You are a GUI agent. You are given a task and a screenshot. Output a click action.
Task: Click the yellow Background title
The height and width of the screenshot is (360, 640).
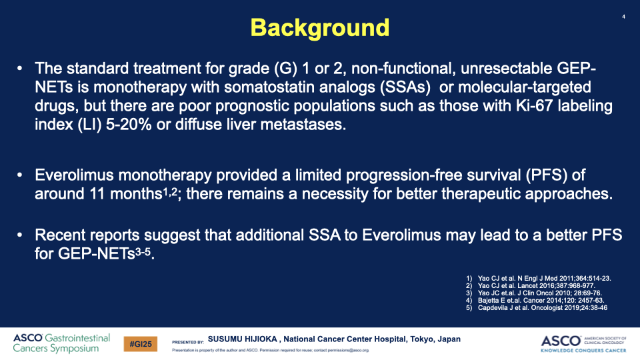319,28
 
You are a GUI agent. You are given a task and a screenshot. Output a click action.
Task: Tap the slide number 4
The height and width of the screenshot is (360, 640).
623,17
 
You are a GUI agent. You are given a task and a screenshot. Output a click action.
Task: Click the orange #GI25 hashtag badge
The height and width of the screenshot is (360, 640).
141,344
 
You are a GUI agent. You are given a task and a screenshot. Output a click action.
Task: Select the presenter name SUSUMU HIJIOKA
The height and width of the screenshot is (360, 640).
243,339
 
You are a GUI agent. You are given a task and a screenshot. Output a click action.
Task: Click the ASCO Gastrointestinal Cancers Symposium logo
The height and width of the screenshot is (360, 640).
61,343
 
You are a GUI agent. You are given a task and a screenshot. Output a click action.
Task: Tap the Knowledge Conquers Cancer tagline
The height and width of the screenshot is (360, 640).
583,350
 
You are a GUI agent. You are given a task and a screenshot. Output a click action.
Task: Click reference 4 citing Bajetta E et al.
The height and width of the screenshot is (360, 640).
535,301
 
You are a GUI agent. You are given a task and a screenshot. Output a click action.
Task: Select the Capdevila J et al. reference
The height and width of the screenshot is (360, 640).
536,308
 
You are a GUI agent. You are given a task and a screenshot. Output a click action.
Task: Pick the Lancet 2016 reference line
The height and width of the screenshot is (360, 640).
530,286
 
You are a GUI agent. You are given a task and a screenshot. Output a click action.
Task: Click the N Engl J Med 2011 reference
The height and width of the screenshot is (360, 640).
539,279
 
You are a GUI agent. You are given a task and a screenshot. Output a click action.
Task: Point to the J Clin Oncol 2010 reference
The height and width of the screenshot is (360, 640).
534,293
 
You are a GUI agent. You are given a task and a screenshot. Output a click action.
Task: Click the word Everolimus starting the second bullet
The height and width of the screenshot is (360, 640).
74,175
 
